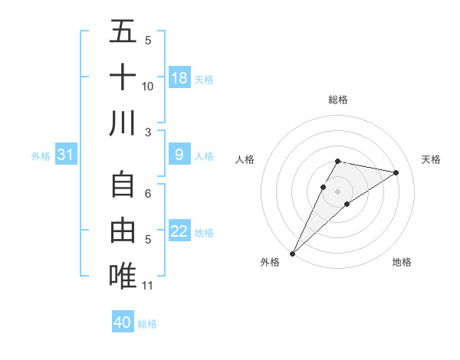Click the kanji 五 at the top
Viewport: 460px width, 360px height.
coord(123,33)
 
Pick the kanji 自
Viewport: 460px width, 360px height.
coord(123,186)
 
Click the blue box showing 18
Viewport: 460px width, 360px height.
coord(179,77)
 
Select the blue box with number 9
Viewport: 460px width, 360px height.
coord(179,155)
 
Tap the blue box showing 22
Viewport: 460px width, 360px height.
coord(179,231)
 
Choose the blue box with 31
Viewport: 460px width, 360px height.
coord(66,155)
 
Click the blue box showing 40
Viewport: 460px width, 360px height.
coord(123,322)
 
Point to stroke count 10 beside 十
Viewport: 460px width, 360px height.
coord(148,86)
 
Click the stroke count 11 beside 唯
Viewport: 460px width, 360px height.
coord(147,286)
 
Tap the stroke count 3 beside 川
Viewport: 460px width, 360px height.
coord(148,131)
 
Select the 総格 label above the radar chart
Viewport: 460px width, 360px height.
coord(337,100)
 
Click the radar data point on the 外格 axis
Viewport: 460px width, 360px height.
coord(292,253)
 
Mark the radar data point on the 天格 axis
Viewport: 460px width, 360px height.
coord(396,172)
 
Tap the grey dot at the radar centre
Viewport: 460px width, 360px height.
coord(337,191)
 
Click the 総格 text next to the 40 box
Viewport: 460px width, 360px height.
coord(147,324)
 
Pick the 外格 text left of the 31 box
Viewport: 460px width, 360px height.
coord(41,156)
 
